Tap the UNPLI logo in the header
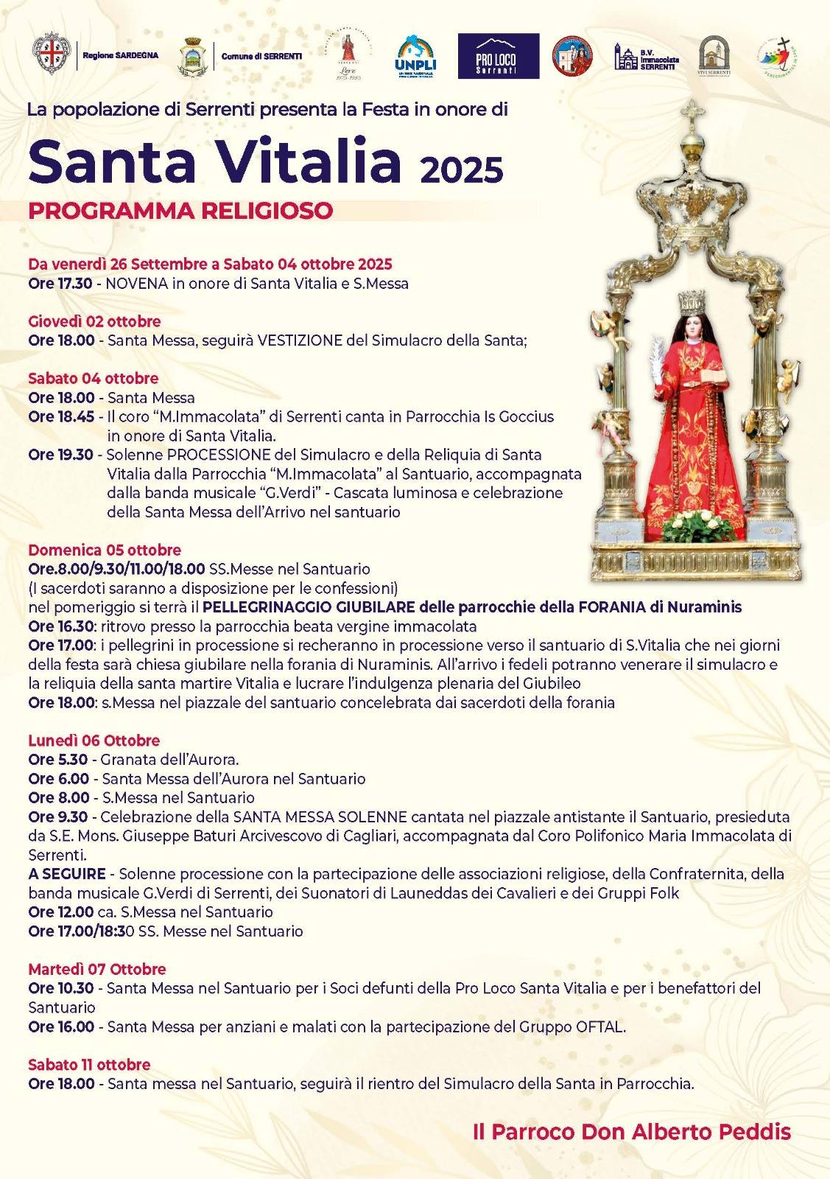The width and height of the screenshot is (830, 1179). [416, 55]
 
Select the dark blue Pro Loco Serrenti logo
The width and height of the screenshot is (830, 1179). [498, 56]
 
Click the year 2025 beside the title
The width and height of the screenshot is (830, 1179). [462, 170]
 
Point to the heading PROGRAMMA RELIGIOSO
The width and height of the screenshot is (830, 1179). [180, 211]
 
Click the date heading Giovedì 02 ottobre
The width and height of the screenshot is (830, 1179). [94, 321]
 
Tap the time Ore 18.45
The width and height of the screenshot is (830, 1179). [61, 416]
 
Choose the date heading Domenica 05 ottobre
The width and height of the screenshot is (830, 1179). [105, 550]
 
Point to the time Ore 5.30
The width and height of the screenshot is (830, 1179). [58, 759]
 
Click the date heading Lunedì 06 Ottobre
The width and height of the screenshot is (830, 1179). [94, 741]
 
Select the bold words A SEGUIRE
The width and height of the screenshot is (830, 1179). [67, 874]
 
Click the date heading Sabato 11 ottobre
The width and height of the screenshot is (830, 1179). [89, 1064]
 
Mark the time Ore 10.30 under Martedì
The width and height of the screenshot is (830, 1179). [61, 988]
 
